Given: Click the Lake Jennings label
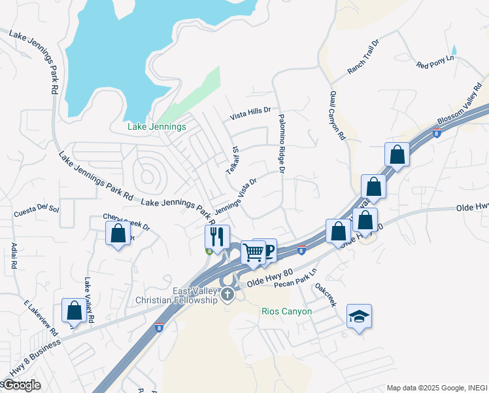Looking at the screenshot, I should (x=158, y=126).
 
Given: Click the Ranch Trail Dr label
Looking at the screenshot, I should (x=363, y=57).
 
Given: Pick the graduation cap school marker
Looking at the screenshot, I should (x=359, y=316).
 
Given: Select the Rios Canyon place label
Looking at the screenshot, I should (x=286, y=311).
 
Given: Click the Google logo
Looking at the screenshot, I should (x=21, y=384).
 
